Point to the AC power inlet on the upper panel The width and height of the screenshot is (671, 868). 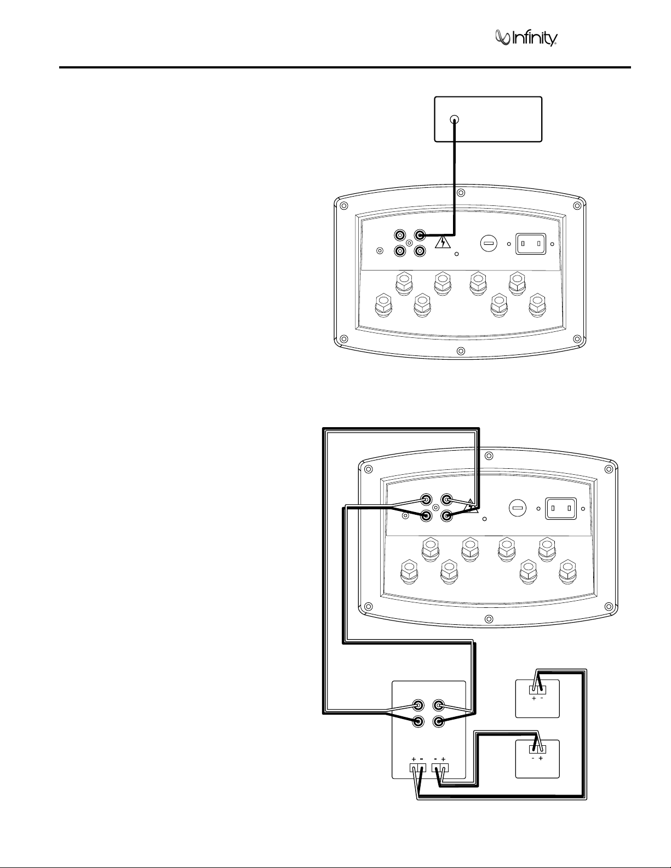531,243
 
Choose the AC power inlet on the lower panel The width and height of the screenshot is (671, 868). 561,508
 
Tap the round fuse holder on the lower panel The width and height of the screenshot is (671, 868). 517,507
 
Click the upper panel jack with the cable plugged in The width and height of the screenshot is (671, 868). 420,235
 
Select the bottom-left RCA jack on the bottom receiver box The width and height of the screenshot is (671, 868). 418,721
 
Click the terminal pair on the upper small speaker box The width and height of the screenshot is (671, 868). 537,689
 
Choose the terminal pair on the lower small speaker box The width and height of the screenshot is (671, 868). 537,749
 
